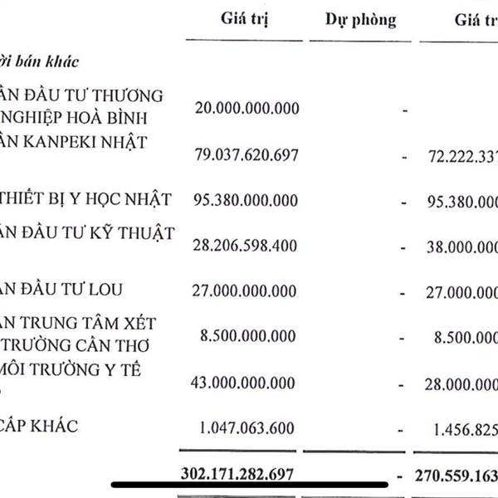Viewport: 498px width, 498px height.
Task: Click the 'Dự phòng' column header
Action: pyautogui.click(x=359, y=20)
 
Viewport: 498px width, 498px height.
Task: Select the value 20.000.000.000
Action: pyautogui.click(x=246, y=108)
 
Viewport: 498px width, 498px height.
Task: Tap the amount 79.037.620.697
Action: pyautogui.click(x=246, y=155)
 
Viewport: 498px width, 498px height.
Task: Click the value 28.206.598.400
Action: pyautogui.click(x=246, y=247)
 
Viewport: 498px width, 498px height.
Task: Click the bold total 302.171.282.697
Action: pyautogui.click(x=237, y=474)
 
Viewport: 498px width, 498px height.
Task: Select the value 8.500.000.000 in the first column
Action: pyautogui.click(x=247, y=337)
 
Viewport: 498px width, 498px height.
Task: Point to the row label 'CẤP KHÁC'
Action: pyautogui.click(x=39, y=427)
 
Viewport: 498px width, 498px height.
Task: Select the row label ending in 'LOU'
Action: pyautogui.click(x=62, y=289)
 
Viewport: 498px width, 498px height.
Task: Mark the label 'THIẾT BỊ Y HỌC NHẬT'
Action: pyautogui.click(x=86, y=199)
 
